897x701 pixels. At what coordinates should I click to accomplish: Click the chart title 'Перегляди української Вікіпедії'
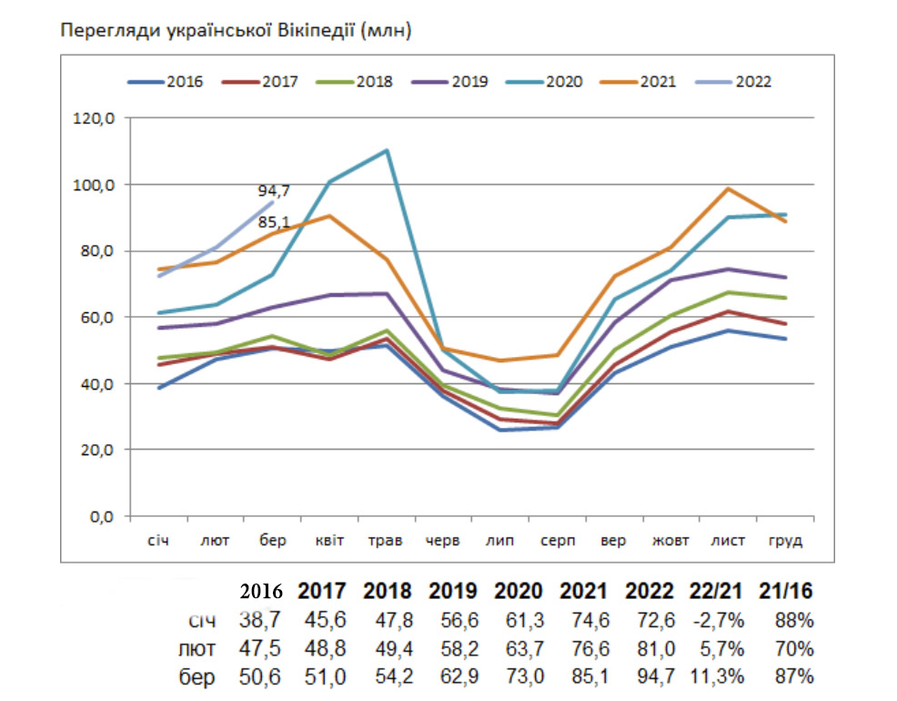(x=236, y=31)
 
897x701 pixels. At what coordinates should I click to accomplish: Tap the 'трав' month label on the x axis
(x=387, y=541)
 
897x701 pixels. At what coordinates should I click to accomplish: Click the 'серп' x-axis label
(x=557, y=541)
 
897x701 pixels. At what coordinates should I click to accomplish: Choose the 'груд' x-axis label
(x=785, y=541)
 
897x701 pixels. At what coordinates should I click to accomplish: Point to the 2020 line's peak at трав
(x=387, y=150)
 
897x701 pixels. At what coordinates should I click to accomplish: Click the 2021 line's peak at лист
(x=728, y=188)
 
